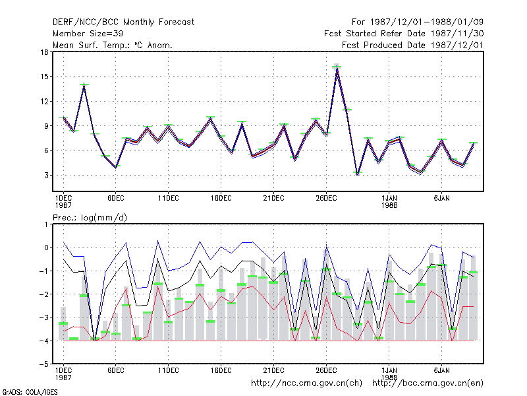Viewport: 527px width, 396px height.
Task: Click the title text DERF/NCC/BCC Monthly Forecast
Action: click(123, 22)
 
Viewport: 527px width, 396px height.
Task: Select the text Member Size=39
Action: click(88, 34)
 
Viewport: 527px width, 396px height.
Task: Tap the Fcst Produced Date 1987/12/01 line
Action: click(413, 45)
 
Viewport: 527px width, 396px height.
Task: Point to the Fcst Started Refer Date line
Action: click(404, 34)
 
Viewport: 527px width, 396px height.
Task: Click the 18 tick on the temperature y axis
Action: click(44, 52)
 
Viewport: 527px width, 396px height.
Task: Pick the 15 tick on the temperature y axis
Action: click(44, 77)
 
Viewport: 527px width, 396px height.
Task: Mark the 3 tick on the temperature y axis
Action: click(46, 176)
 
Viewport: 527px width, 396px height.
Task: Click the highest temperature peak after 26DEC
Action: click(337, 67)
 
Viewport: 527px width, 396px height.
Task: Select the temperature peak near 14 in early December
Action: click(84, 85)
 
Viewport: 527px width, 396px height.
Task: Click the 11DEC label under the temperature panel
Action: click(169, 199)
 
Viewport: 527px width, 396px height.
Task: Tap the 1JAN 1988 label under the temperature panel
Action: click(389, 201)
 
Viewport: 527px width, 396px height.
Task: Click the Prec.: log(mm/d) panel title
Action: click(90, 218)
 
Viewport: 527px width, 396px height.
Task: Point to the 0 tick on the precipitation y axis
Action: click(46, 248)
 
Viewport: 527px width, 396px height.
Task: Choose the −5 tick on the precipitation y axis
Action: click(43, 364)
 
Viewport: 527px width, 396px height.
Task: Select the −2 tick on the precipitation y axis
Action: click(43, 294)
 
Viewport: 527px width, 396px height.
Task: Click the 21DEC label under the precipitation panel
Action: click(273, 370)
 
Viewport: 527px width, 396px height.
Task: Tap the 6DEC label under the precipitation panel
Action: click(116, 370)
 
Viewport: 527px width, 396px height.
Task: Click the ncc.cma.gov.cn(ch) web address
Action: click(306, 383)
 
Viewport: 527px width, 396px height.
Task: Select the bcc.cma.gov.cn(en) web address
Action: click(428, 383)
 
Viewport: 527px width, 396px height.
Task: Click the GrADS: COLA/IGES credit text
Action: click(30, 392)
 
